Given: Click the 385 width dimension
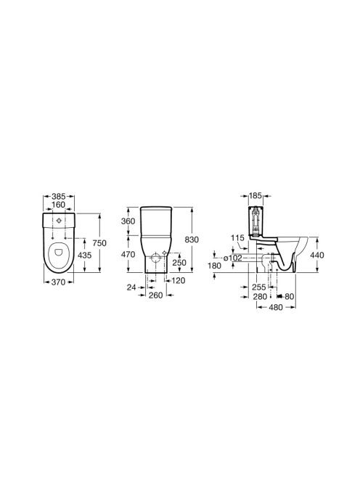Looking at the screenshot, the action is pyautogui.click(x=58, y=196).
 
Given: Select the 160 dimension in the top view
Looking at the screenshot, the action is pyautogui.click(x=58, y=205).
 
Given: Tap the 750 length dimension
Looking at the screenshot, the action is pyautogui.click(x=99, y=243).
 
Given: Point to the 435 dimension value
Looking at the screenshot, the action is pyautogui.click(x=84, y=255).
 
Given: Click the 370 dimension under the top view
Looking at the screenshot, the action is pyautogui.click(x=58, y=282).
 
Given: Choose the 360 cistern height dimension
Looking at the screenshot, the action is pyautogui.click(x=128, y=221).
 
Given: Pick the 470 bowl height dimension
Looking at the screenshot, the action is pyautogui.click(x=128, y=255).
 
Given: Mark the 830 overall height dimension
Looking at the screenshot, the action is pyautogui.click(x=192, y=240).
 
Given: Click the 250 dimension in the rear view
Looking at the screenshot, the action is pyautogui.click(x=179, y=263).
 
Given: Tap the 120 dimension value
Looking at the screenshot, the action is pyautogui.click(x=178, y=280).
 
